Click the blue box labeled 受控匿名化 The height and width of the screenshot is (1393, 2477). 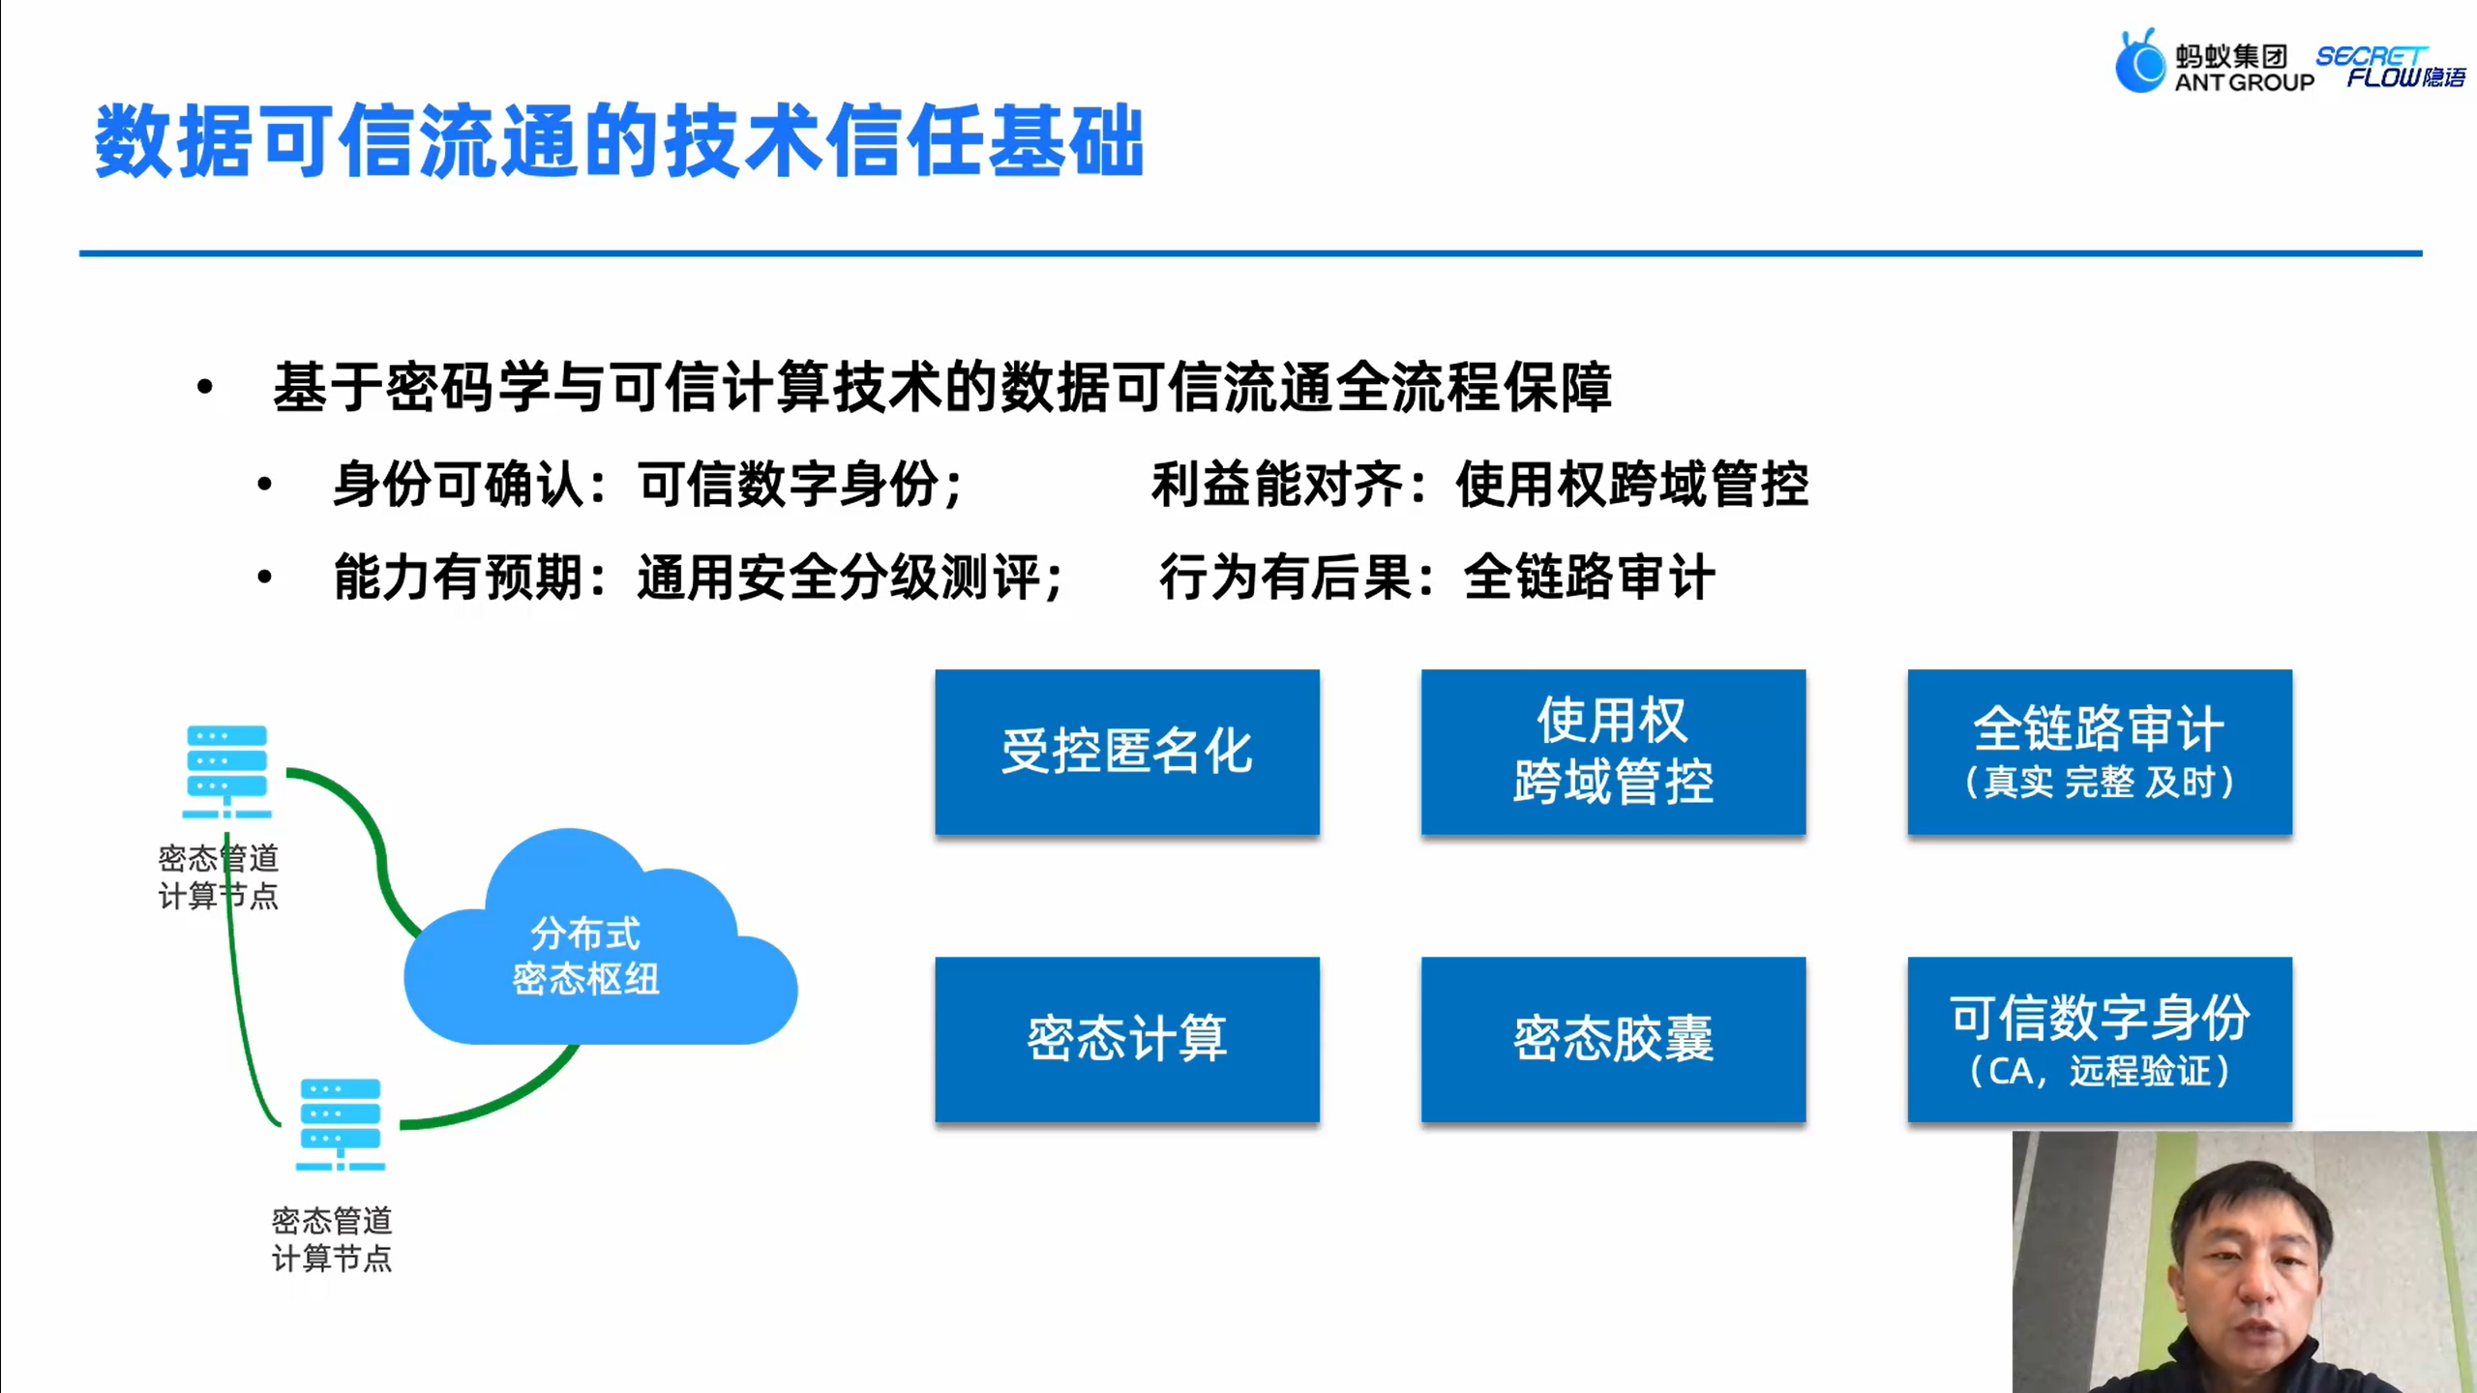(x=1127, y=752)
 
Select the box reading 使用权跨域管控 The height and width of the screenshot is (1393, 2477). (x=1613, y=752)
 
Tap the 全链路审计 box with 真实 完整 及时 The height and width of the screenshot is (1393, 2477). (x=2100, y=752)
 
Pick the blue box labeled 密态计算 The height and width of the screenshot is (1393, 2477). (x=1127, y=1039)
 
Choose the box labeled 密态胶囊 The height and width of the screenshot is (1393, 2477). (x=1613, y=1039)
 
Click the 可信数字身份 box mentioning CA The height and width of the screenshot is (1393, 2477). (x=2100, y=1039)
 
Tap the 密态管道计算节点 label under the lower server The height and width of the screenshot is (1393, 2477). (x=332, y=1239)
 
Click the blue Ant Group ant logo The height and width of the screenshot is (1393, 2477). (x=2140, y=62)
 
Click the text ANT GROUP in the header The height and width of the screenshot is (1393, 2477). (x=2244, y=83)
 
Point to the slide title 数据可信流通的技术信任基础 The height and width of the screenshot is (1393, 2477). (x=619, y=142)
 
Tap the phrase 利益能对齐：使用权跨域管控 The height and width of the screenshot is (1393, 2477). (x=1478, y=484)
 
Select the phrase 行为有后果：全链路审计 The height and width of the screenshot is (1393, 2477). (x=1437, y=578)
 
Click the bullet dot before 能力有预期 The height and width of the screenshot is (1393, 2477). (x=264, y=578)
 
